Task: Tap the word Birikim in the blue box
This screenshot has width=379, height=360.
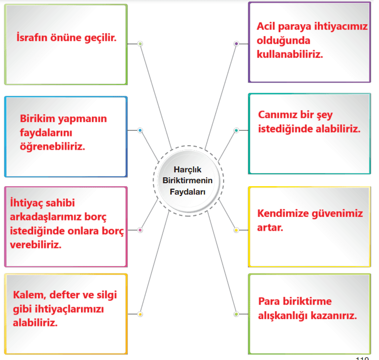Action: [38, 119]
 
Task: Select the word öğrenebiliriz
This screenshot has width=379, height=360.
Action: [52, 147]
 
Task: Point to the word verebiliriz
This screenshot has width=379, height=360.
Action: [36, 245]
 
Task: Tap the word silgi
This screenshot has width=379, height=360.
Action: [107, 295]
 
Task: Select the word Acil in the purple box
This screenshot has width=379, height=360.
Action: [266, 26]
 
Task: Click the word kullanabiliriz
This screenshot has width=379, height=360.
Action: [290, 54]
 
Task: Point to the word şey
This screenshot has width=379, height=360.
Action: [325, 115]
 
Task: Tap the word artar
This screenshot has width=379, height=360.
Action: [270, 228]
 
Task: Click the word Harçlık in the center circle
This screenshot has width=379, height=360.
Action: [188, 170]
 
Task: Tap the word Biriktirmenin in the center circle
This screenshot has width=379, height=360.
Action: [188, 180]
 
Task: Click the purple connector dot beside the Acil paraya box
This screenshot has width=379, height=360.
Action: [236, 44]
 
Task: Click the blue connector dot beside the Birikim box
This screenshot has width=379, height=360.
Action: [140, 130]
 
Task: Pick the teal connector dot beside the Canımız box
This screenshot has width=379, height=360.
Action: [236, 130]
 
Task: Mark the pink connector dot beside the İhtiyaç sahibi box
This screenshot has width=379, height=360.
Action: [140, 230]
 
